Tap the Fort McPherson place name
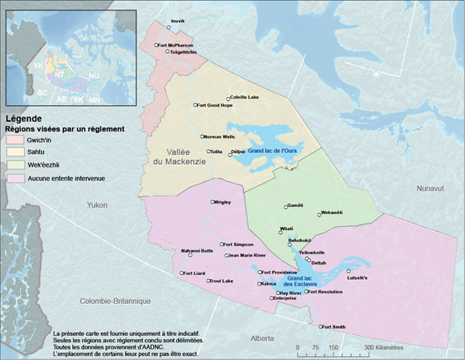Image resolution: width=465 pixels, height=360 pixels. pos(176,45)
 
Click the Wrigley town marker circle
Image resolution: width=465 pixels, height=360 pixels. pos(212,202)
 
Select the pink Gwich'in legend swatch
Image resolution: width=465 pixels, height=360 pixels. pos(14,140)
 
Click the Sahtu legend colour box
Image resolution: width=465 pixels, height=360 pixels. pos(14,152)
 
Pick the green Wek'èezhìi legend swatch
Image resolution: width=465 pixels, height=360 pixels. pos(14,165)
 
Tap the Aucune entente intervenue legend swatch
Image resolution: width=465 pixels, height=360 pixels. pos(14,178)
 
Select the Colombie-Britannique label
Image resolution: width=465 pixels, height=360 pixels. pos(115,301)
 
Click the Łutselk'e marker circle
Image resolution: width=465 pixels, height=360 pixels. pos(348,271)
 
